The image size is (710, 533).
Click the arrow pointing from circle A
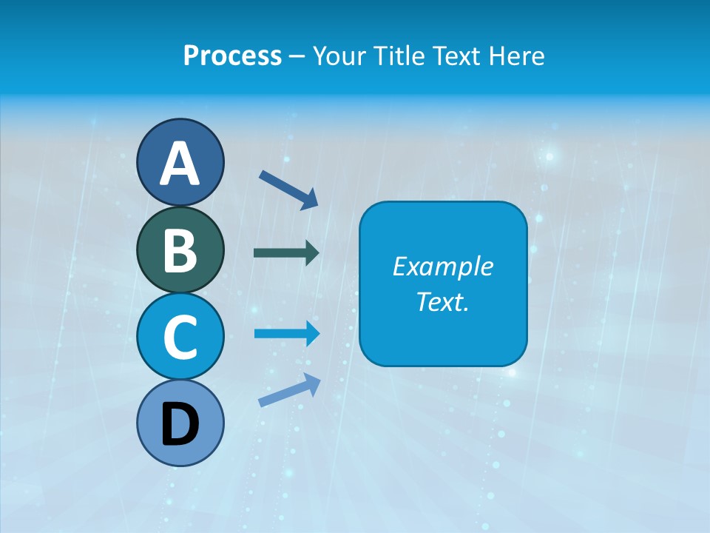click(x=288, y=190)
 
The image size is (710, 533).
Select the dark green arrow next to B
click(x=286, y=252)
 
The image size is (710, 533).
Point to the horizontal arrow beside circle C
click(x=286, y=334)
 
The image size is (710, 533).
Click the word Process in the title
click(x=232, y=56)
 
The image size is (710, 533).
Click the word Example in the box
click(x=442, y=266)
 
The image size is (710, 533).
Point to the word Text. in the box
click(x=442, y=302)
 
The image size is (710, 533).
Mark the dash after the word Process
click(x=297, y=56)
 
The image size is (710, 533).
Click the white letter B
click(x=180, y=250)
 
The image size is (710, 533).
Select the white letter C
click(x=180, y=337)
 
